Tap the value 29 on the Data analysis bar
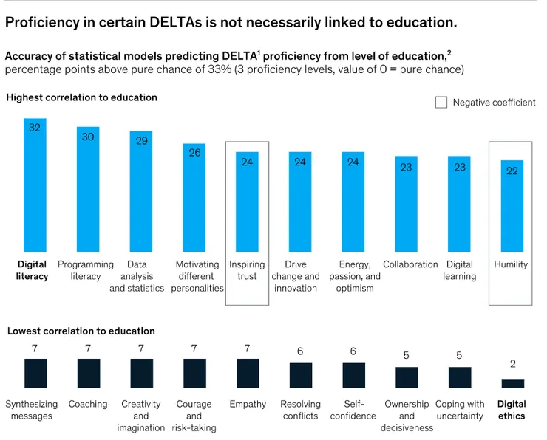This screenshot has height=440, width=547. [x=142, y=140]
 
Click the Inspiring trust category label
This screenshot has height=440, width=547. [x=248, y=270]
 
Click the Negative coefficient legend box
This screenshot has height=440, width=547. [x=441, y=103]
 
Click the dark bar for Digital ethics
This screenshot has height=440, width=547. [x=512, y=384]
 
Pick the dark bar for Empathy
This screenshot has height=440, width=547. [x=248, y=374]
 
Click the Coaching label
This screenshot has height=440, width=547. [x=88, y=404]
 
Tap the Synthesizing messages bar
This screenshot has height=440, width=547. [x=35, y=374]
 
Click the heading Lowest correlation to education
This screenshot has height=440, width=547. [x=81, y=331]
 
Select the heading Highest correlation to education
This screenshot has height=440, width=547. [x=82, y=97]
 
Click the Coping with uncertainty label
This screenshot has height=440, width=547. [x=460, y=410]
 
